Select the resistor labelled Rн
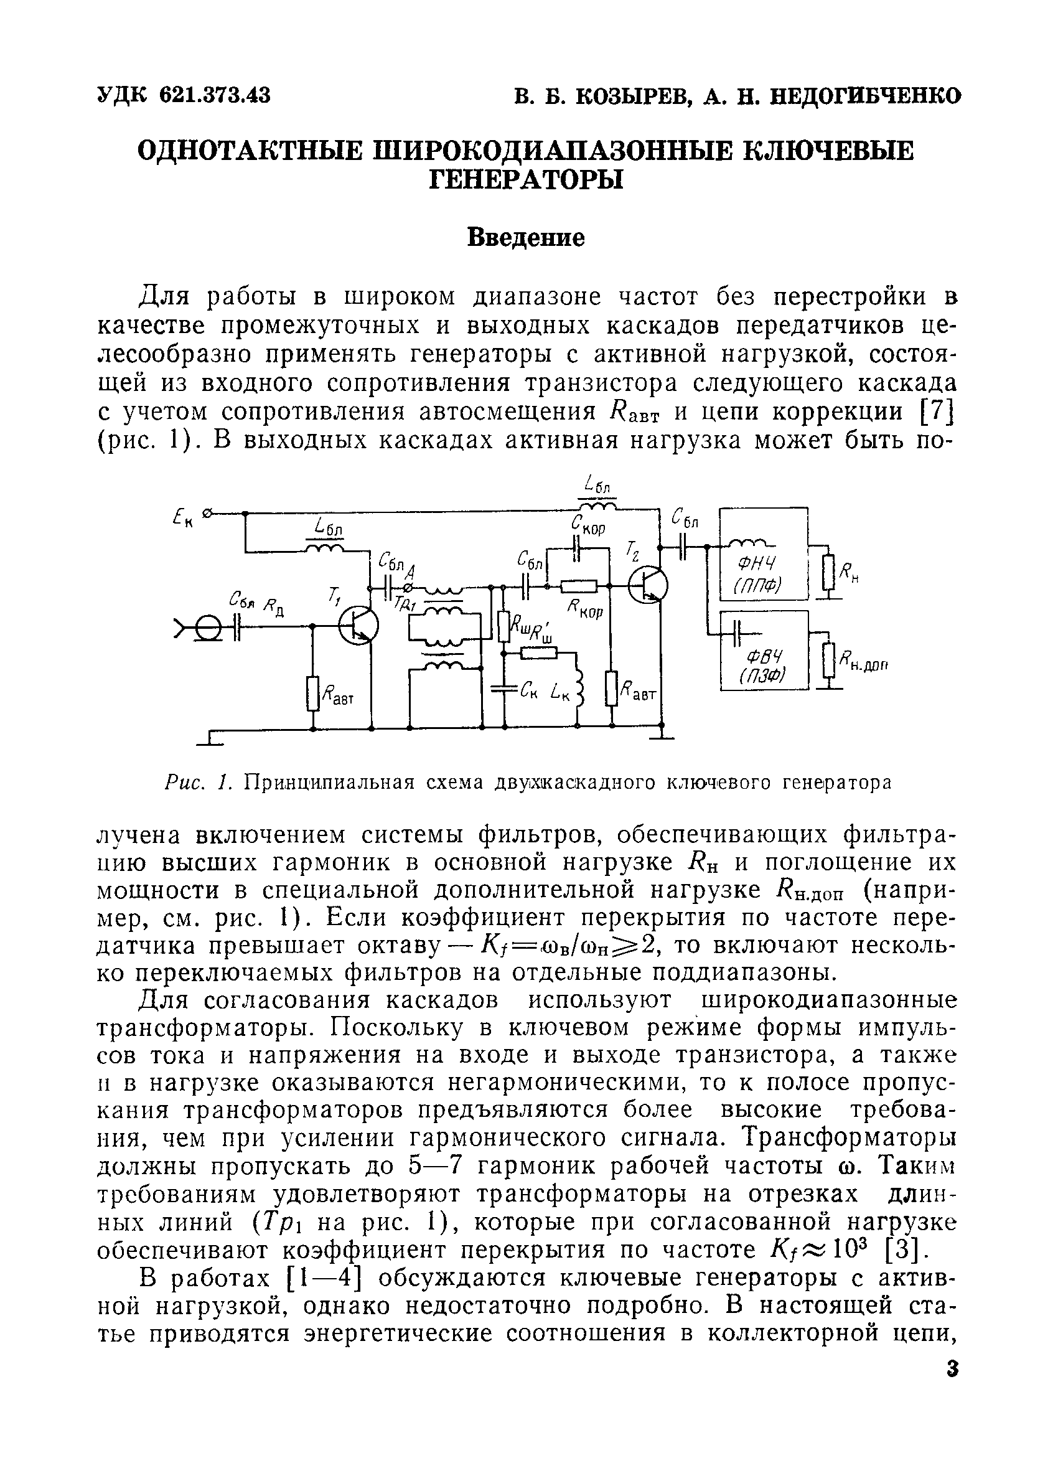pyautogui.click(x=829, y=572)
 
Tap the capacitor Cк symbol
pyautogui.click(x=505, y=689)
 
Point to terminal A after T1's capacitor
pyautogui.click(x=408, y=586)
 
